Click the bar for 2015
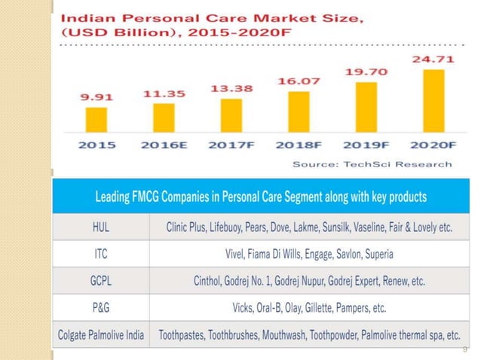96,119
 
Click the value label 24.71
433,57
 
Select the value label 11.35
164,94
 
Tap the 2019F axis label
366,145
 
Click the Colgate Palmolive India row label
101,334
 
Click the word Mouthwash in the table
283,334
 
